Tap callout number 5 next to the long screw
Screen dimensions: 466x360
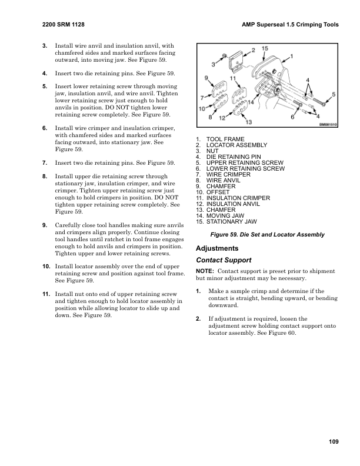click(334, 94)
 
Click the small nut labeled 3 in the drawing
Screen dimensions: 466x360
click(225, 56)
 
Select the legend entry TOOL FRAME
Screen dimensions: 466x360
click(221, 139)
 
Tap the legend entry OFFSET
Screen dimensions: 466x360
click(215, 192)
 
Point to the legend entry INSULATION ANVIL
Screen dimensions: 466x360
click(229, 204)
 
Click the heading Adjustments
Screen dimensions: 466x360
click(218, 248)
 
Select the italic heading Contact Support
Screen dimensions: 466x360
click(224, 259)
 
